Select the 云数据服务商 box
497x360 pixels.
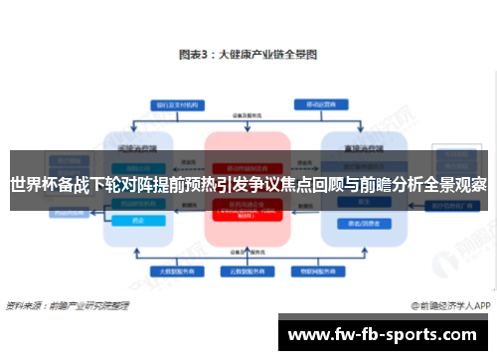246,270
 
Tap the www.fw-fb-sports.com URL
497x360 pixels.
383,335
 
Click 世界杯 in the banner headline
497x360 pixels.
33,185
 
